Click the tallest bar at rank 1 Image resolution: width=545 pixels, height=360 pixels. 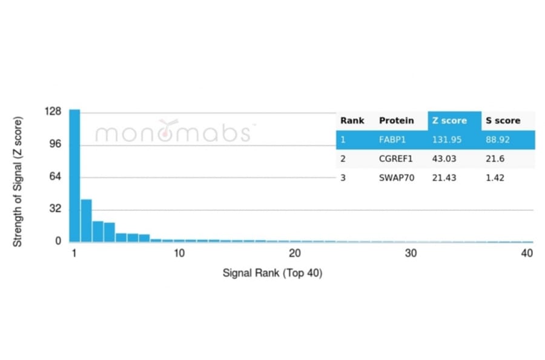74,176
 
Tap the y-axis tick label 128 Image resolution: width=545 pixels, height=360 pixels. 53,112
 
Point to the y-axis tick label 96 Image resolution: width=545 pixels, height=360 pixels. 56,144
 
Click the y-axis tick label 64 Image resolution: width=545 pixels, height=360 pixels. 56,177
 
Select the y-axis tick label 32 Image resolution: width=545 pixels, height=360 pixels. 56,209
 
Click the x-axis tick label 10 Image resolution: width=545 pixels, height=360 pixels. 179,253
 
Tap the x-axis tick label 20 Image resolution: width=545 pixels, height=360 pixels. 295,253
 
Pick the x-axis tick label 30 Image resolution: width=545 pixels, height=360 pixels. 411,253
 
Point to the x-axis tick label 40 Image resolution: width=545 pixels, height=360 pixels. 527,253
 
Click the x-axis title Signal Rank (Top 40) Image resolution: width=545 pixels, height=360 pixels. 272,273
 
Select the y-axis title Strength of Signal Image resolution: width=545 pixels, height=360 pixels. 18,181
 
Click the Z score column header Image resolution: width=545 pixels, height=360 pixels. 449,121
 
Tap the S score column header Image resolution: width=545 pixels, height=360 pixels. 503,121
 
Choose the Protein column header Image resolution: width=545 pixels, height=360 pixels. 397,121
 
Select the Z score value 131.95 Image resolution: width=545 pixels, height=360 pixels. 447,139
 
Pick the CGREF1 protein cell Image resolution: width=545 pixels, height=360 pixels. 396,159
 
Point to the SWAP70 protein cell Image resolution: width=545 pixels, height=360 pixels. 397,178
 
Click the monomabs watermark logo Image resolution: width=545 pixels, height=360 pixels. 173,132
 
